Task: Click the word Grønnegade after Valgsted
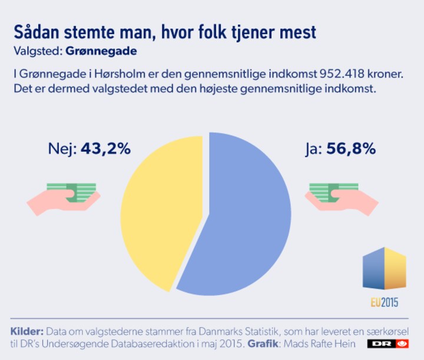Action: (x=102, y=51)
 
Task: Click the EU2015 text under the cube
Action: (x=384, y=303)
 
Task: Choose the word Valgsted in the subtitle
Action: (x=34, y=51)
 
